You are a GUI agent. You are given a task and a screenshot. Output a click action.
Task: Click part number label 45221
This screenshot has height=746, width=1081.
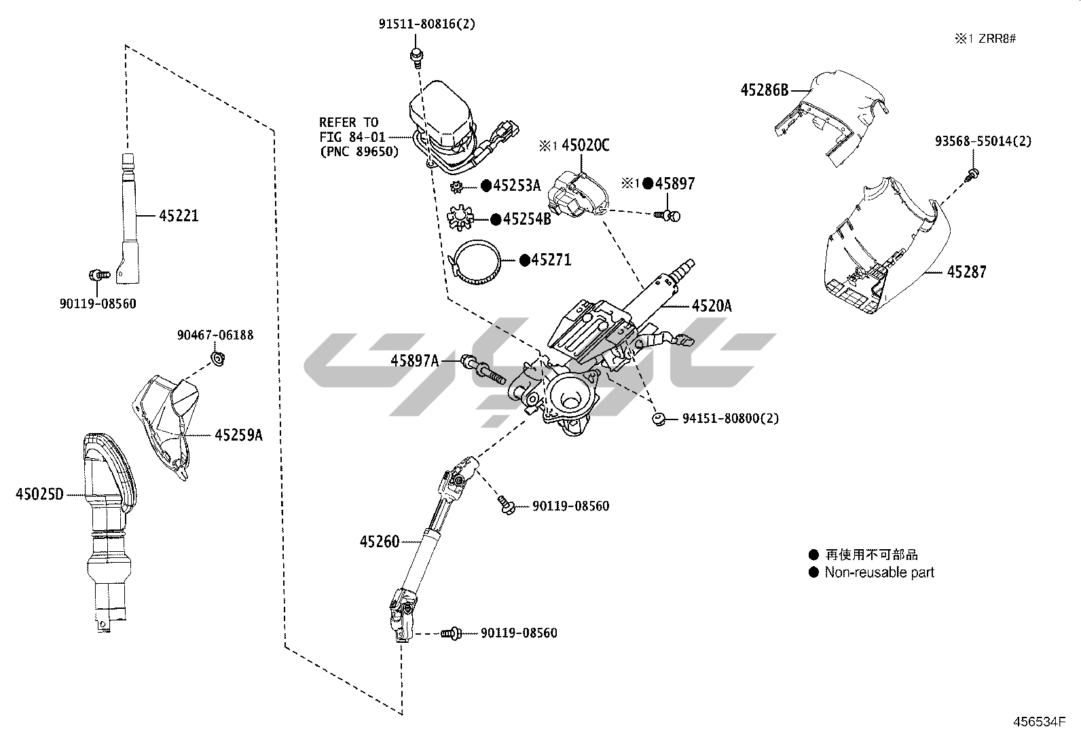coord(179,216)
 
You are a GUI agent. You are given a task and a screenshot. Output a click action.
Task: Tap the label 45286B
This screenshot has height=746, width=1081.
coord(764,90)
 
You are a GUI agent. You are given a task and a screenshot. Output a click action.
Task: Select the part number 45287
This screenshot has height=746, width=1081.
coord(966,272)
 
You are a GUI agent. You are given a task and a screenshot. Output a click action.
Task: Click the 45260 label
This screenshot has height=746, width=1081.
coord(380,542)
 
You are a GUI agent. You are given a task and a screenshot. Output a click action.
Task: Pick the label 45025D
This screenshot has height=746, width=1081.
coord(39,494)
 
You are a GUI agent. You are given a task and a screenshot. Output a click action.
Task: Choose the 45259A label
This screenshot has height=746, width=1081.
coord(238,435)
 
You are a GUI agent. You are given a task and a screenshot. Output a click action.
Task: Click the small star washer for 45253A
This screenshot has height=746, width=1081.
coord(457,186)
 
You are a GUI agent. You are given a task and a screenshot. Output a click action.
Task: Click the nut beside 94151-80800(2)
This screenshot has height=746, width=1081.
coord(658,419)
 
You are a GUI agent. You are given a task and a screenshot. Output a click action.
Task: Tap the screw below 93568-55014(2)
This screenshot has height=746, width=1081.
coord(971,175)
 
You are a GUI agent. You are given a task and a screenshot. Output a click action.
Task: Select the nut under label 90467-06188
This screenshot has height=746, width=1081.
coord(218,358)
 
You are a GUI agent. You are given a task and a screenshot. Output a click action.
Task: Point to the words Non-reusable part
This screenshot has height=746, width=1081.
coord(879,572)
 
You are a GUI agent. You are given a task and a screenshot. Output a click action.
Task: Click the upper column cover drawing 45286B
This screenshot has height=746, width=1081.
coord(835,115)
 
